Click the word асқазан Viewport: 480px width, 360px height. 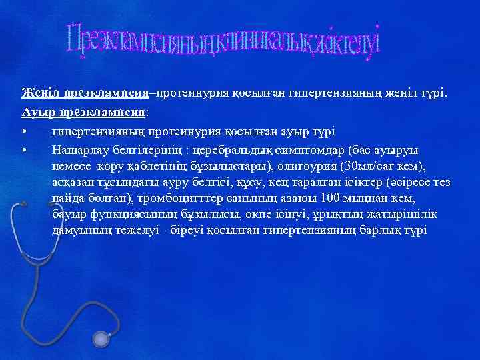click(73, 183)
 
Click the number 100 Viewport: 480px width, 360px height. click(331, 199)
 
